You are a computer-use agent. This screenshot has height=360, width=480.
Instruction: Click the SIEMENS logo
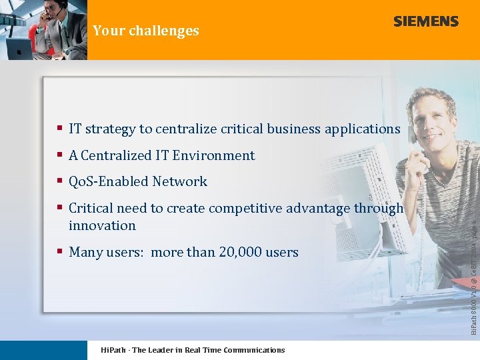[x=426, y=21]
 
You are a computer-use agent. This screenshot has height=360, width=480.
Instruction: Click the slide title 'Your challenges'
[x=146, y=31]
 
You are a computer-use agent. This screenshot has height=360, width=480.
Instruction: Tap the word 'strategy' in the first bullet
[x=110, y=129]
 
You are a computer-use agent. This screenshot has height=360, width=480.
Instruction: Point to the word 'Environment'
[x=213, y=155]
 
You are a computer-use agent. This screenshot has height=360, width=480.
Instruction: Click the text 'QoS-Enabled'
[x=109, y=181]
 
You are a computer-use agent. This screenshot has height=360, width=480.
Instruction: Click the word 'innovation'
[x=102, y=225]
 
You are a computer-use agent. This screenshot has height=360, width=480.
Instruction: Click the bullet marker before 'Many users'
[x=60, y=252]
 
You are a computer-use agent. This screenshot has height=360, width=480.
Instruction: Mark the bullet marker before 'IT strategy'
[x=60, y=129]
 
